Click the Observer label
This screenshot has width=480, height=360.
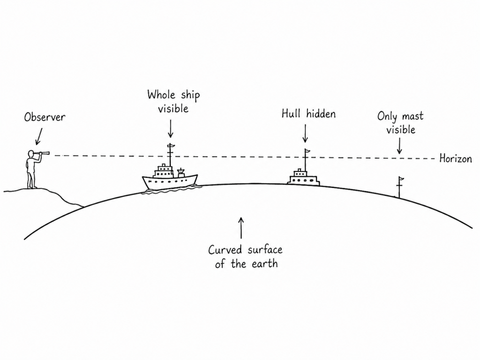click(45, 117)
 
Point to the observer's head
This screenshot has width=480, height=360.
click(31, 153)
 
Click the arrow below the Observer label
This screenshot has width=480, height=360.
click(38, 136)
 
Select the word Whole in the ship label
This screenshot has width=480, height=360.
click(161, 95)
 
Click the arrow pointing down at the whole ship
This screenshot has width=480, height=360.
click(171, 128)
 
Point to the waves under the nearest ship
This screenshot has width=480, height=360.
click(172, 190)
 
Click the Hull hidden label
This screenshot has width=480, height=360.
click(308, 114)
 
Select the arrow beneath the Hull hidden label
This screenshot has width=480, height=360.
click(305, 133)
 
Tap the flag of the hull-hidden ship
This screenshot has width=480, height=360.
click(307, 150)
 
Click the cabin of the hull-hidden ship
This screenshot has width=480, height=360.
click(303, 177)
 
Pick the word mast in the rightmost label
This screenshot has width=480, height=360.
click(412, 116)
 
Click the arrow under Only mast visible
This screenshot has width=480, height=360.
click(399, 146)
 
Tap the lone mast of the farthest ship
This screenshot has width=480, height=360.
click(399, 187)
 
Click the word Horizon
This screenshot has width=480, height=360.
click(456, 158)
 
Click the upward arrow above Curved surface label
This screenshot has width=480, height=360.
click(241, 228)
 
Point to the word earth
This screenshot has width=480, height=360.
click(265, 263)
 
